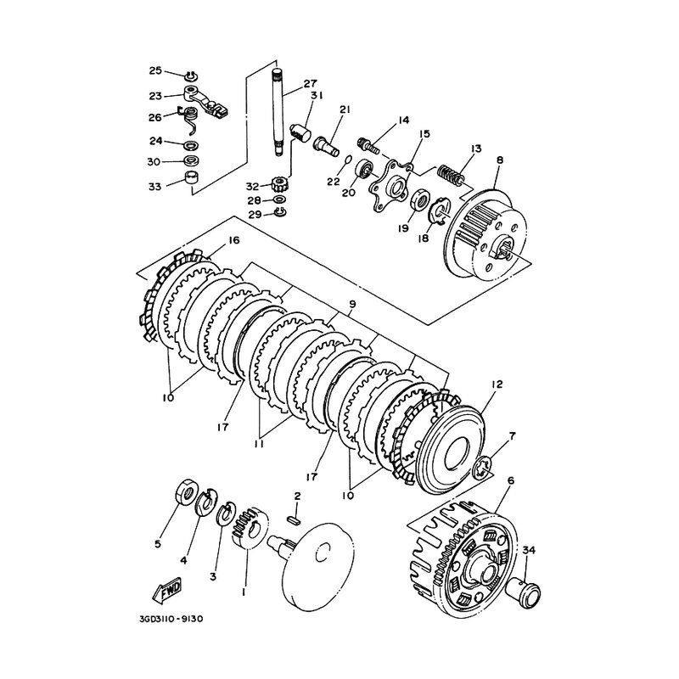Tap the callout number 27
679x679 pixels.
pyautogui.click(x=310, y=82)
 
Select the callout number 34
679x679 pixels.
pyautogui.click(x=529, y=550)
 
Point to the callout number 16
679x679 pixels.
pyautogui.click(x=233, y=240)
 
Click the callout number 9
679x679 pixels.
pyautogui.click(x=352, y=305)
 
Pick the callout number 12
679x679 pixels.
pyautogui.click(x=497, y=384)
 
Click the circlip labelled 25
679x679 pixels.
pyautogui.click(x=191, y=76)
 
